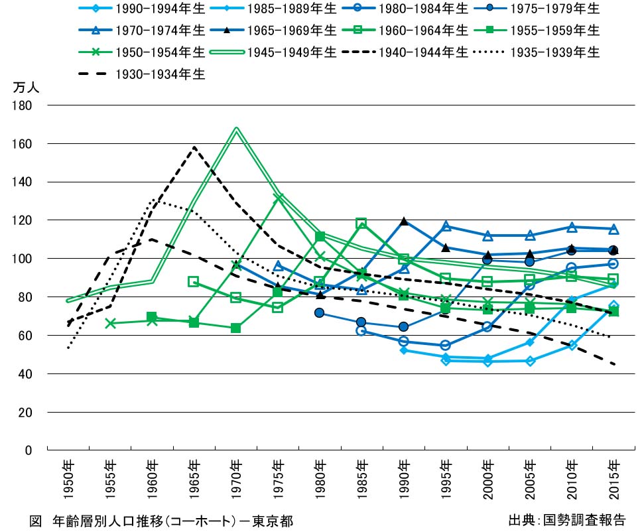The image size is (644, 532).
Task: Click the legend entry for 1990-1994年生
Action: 139,9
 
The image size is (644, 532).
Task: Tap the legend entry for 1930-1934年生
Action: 139,74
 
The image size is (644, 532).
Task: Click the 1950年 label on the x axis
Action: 68,474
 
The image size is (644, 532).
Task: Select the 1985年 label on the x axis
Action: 361,474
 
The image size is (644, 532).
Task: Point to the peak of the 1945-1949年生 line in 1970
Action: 236,128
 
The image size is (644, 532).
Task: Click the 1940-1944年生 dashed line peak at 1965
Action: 194,147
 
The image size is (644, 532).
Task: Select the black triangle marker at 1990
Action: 403,222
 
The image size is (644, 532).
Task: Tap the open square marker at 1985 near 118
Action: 361,224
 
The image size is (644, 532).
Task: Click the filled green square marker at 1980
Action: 320,237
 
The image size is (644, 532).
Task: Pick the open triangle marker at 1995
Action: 446,227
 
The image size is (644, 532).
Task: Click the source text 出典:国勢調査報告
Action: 567,520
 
